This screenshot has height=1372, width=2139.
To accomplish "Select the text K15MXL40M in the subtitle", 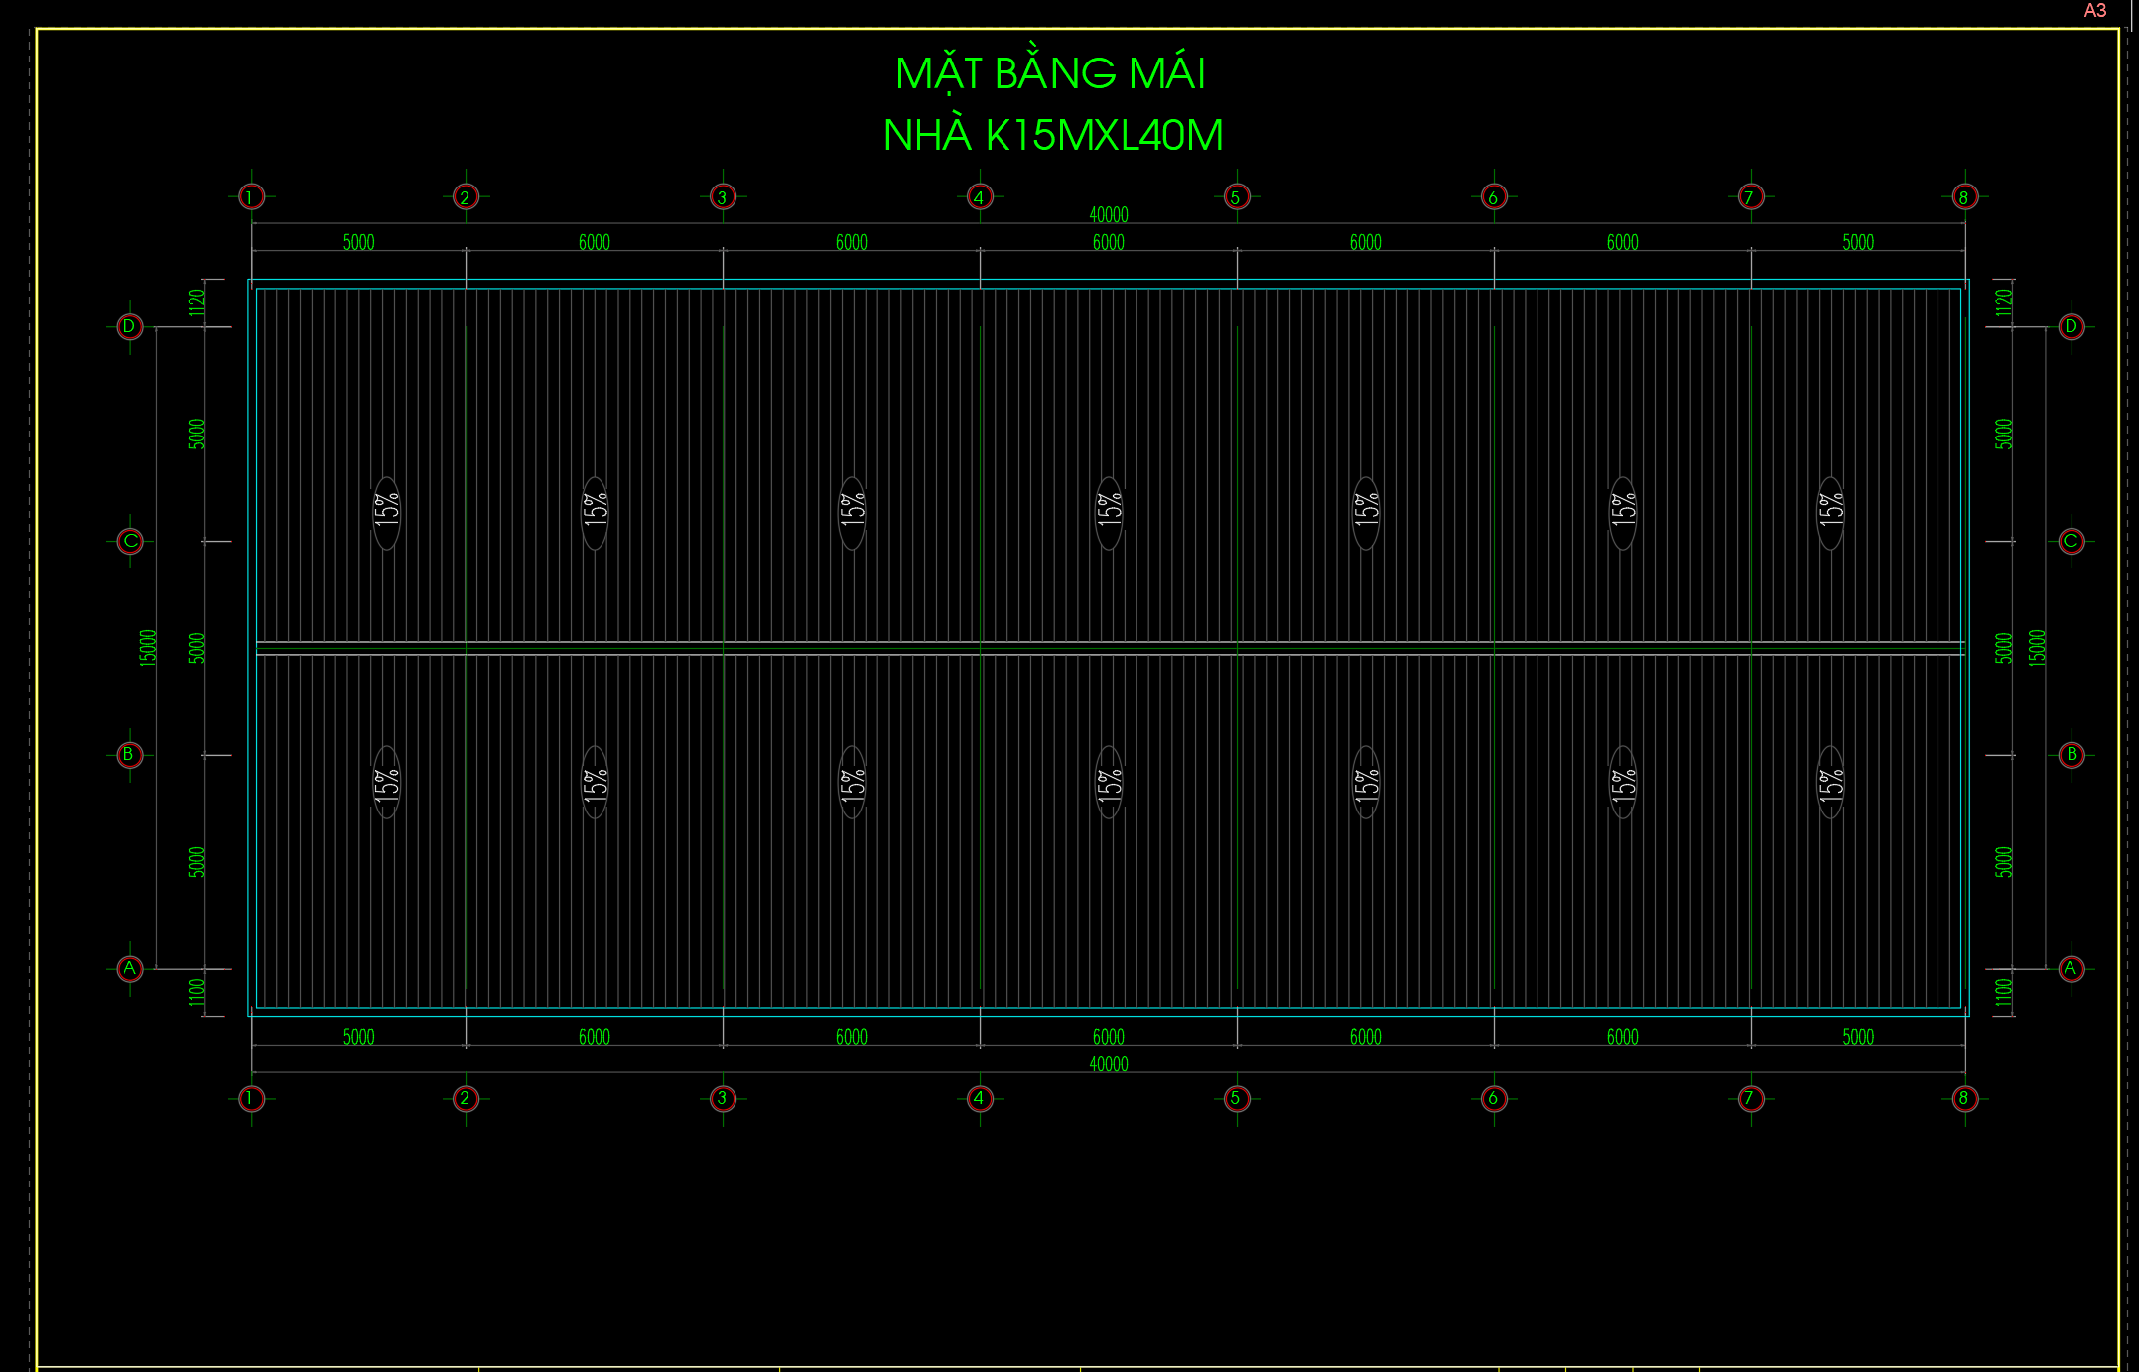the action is [1104, 136].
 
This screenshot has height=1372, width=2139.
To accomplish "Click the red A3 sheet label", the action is [2094, 11].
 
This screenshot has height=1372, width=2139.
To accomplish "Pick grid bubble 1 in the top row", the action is [252, 196].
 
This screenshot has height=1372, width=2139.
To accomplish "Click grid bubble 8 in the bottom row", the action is [1964, 1098].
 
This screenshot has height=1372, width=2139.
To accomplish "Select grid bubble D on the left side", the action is [130, 326].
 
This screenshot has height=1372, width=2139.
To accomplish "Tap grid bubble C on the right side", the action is [2071, 541].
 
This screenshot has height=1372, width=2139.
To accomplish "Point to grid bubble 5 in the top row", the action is [1236, 196].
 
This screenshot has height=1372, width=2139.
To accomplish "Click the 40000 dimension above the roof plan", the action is [1109, 215].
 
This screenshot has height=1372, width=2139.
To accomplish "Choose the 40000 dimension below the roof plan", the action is [1109, 1064].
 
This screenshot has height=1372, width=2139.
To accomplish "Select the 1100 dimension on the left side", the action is [197, 992].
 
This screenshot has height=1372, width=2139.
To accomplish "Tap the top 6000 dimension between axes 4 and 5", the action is [1109, 243].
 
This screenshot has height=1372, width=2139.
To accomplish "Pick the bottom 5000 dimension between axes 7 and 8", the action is [1858, 1038].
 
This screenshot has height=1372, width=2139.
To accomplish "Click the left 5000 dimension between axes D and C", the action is [197, 434].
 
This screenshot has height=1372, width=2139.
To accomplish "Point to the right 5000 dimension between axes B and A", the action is [2004, 862].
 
